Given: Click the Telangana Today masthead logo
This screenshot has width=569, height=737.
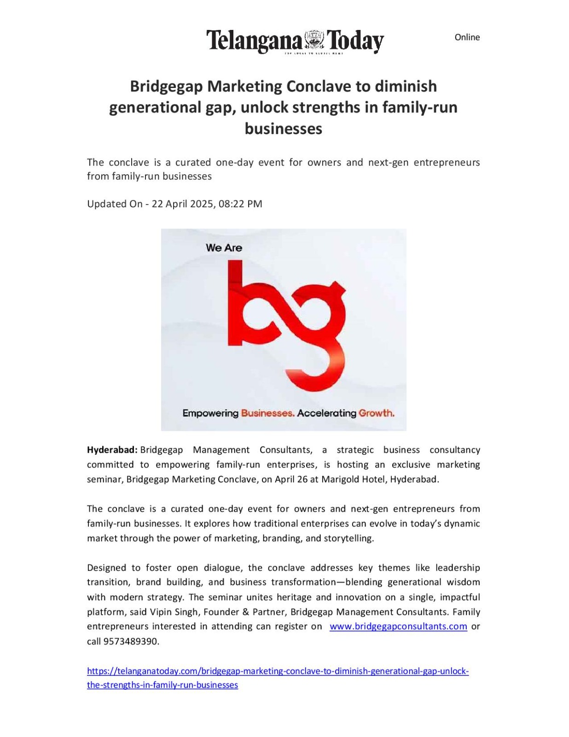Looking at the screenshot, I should click(x=295, y=41).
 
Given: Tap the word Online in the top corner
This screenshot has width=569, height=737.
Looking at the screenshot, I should click(x=467, y=37).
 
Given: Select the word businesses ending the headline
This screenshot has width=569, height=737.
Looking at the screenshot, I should click(x=283, y=129).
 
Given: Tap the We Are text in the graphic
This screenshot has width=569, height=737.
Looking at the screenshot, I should click(x=224, y=248).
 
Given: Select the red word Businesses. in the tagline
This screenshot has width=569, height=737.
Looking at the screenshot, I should click(x=267, y=413).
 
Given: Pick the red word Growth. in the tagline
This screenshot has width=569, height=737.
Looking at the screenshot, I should click(x=376, y=413).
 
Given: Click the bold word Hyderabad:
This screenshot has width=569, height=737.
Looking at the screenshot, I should click(x=112, y=450).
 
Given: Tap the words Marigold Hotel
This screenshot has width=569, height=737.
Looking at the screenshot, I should click(x=354, y=479).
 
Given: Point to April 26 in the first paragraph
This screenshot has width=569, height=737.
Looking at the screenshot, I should click(x=291, y=479).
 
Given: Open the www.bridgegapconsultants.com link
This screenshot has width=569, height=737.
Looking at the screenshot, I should click(x=398, y=626).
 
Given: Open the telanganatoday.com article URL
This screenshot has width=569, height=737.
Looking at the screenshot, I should click(x=278, y=671).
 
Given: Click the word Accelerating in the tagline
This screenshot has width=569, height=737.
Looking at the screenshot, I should click(x=326, y=413).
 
